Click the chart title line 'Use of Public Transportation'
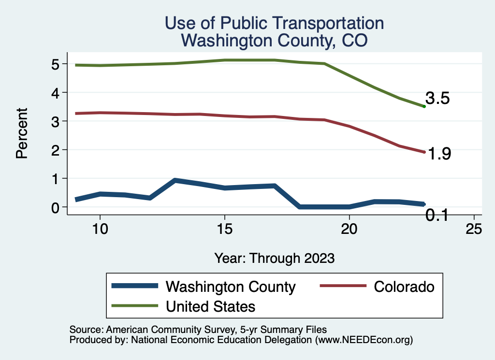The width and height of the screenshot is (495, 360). click(274, 23)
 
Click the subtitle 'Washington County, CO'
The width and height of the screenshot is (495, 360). click(274, 41)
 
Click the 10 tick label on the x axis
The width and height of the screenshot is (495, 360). click(100, 229)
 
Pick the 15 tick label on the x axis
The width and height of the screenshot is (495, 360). click(224, 229)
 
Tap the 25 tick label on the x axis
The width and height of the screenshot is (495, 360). click(474, 229)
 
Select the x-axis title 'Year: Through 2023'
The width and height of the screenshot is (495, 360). click(274, 258)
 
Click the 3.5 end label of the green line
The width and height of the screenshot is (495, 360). click(438, 99)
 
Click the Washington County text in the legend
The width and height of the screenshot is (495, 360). click(230, 287)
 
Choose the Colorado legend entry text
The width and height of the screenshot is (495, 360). click(404, 287)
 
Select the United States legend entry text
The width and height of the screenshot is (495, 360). click(210, 306)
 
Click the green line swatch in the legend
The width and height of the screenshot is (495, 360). click(135, 306)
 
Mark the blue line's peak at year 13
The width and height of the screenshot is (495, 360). click(175, 180)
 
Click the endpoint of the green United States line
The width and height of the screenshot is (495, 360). click(424, 106)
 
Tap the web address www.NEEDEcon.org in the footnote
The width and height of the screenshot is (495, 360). click(364, 340)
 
